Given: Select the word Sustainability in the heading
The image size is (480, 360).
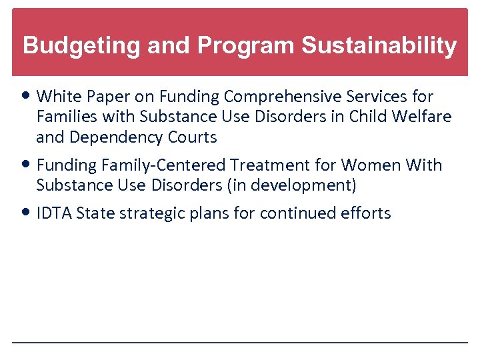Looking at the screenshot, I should click(x=379, y=46).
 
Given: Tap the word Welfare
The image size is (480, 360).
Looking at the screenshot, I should click(x=423, y=117).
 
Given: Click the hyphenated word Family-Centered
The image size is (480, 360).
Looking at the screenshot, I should click(x=162, y=165).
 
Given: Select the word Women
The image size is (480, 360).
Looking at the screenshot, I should click(x=369, y=165).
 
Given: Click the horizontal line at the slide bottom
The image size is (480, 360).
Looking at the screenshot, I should click(x=240, y=343).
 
